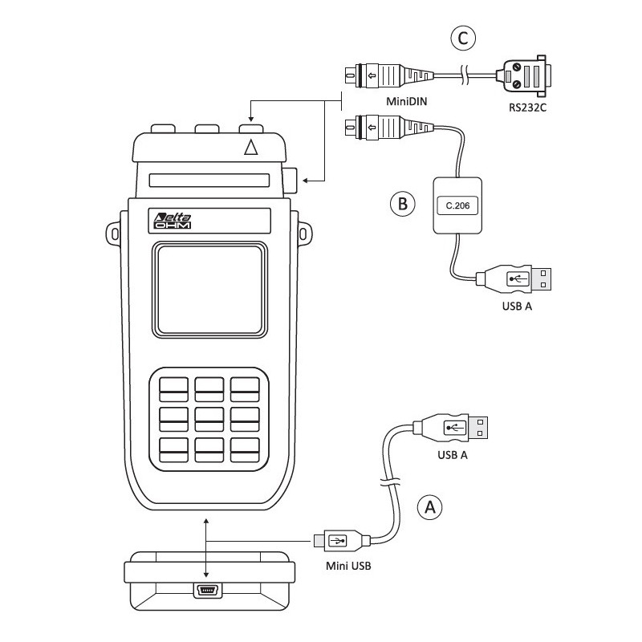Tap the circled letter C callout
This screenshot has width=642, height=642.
tap(464, 37)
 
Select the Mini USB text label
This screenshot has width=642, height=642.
tap(347, 566)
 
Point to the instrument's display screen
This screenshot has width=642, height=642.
tap(210, 290)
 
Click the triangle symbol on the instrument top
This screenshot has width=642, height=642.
tap(252, 148)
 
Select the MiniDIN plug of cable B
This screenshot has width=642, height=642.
tap(377, 127)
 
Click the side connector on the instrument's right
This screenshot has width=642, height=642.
tap(291, 180)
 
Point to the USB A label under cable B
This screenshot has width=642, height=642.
tap(517, 307)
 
